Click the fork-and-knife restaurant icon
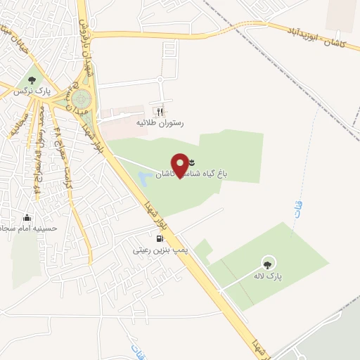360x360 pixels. (x=160, y=111)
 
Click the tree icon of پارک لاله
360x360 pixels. (x=266, y=264)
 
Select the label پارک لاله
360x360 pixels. (x=268, y=277)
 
